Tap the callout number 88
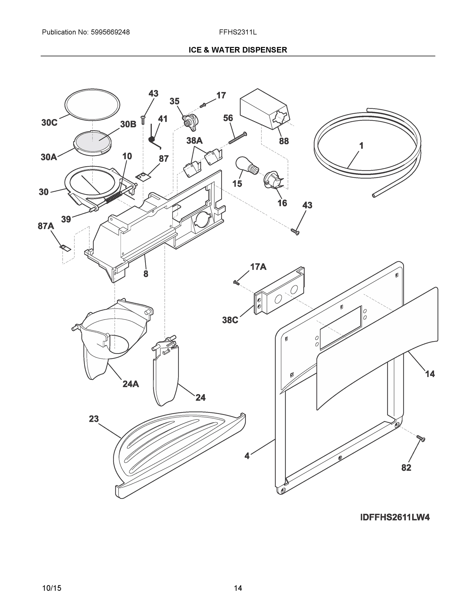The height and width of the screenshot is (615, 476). [284, 141]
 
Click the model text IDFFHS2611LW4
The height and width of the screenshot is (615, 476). [395, 518]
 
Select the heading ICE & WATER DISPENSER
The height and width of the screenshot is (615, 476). [238, 50]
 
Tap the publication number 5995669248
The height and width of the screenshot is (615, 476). [110, 32]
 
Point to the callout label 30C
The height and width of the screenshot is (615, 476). [49, 123]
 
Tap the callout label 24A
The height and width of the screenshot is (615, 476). [131, 384]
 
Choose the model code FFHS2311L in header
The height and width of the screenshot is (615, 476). [238, 32]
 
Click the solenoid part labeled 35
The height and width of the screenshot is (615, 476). [190, 122]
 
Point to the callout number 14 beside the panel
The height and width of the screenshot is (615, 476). [430, 374]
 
